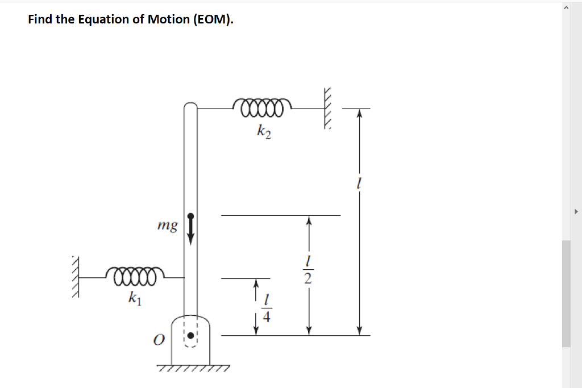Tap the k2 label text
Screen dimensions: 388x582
264,132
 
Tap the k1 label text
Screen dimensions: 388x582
135,297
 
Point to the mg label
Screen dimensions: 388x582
167,226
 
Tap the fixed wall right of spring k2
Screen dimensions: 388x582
327,109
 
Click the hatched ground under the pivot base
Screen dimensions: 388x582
193,369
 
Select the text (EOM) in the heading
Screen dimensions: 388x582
213,19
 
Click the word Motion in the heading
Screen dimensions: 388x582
168,19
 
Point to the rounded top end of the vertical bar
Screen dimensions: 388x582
190,108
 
